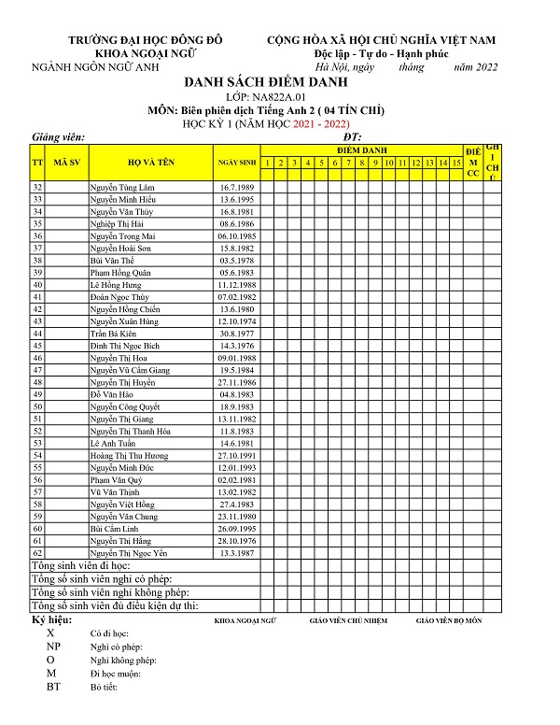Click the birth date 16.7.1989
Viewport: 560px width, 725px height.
pyautogui.click(x=237, y=188)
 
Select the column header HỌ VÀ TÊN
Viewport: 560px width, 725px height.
pyautogui.click(x=151, y=162)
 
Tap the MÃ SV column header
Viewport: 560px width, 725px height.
pyautogui.click(x=65, y=162)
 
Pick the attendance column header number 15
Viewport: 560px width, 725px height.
pyautogui.click(x=456, y=163)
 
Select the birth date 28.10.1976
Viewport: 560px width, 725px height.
pyautogui.click(x=237, y=540)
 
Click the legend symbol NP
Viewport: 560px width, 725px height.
pyautogui.click(x=53, y=647)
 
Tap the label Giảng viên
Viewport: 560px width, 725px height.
pyautogui.click(x=59, y=137)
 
